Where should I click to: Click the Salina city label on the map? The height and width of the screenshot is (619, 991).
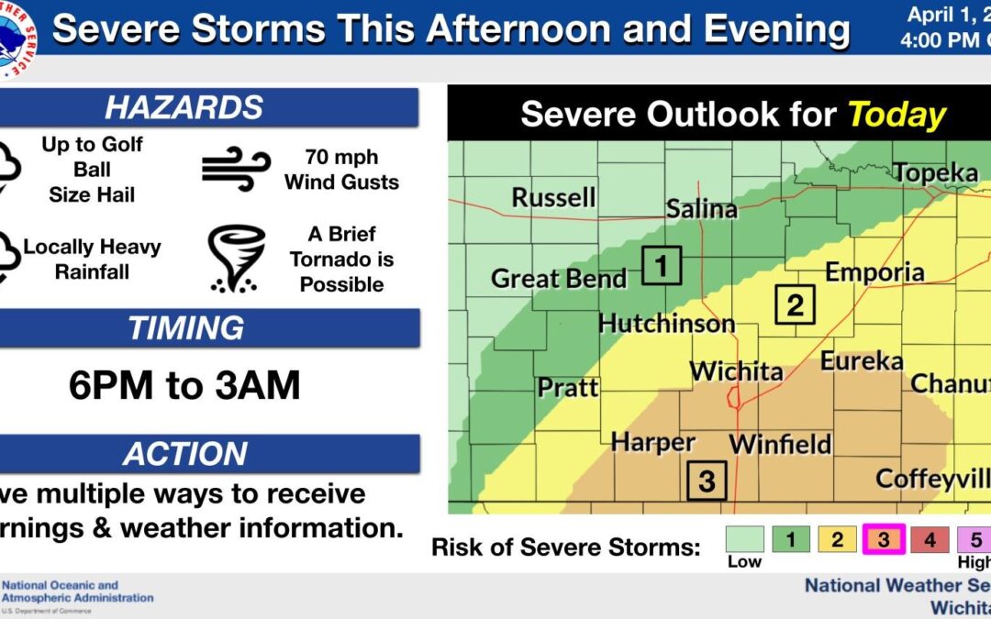coord(701,209)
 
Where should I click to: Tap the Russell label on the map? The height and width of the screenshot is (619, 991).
coord(553,197)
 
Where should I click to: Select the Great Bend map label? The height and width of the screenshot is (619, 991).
coord(559,278)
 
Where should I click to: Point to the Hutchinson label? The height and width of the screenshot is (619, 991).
coord(666,324)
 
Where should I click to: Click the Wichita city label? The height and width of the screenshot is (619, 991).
coord(737,371)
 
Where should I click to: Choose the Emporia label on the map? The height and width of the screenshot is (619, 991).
coord(874,272)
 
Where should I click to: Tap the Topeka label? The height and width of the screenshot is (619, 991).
coord(935,173)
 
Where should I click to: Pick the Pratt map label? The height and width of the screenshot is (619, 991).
coord(568,387)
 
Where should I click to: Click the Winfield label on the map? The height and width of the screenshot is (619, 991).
coord(780,445)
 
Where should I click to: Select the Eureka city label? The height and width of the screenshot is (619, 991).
coord(862,361)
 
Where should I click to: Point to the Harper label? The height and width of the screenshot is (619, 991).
coord(652,442)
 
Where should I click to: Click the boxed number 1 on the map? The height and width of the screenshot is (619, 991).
coord(661,267)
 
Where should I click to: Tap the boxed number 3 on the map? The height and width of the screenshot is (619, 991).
coord(707,481)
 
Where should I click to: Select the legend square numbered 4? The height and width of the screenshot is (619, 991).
coord(929,539)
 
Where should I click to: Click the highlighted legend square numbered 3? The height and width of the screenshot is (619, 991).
coord(883,539)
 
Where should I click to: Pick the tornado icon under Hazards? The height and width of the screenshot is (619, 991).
coord(236,259)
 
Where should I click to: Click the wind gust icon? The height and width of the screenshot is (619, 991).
coord(236,169)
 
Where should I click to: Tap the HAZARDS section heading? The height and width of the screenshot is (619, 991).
coord(184,107)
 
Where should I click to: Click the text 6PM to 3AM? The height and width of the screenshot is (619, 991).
coord(184,387)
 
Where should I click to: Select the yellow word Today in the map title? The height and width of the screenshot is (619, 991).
coord(896,116)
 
